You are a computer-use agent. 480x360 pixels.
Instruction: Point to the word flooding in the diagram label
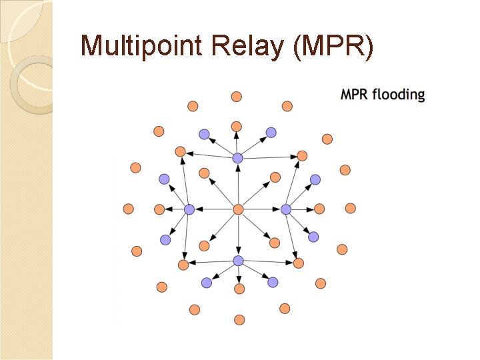tap(399, 95)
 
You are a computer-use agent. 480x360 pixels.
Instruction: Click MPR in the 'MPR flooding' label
tap(355, 95)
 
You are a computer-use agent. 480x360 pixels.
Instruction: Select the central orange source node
tap(238, 209)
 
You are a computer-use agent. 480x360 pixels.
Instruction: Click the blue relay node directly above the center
tap(238, 158)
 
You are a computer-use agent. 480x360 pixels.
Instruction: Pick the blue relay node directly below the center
tap(238, 261)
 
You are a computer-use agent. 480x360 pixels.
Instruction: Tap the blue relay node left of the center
tap(189, 209)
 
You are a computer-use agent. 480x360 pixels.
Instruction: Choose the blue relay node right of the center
tap(286, 209)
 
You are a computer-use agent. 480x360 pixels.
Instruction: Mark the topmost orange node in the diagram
tap(236, 97)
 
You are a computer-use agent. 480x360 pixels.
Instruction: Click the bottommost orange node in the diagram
tap(239, 319)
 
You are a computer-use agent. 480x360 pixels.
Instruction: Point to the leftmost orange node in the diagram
tap(129, 209)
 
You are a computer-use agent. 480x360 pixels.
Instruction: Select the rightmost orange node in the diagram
tap(351, 208)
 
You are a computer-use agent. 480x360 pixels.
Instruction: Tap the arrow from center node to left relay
tap(213, 209)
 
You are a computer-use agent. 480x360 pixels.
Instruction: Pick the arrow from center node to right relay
tap(262, 209)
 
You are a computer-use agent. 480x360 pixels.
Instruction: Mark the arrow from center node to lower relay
tap(238, 235)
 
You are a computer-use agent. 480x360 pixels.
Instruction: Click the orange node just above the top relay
tap(236, 126)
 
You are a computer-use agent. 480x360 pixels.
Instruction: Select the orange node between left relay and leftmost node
tap(159, 209)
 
